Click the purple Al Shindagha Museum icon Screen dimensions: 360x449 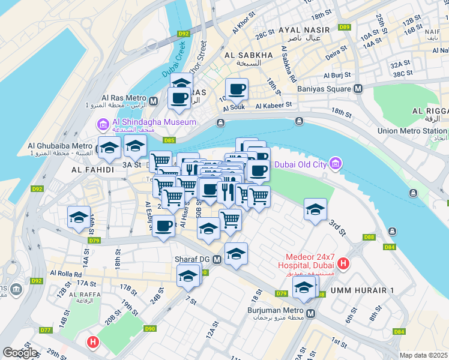pos(102,124)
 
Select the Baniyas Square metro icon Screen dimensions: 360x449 pos(358,89)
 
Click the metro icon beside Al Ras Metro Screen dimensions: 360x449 pos(154,101)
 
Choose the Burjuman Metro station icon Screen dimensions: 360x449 pos(311,314)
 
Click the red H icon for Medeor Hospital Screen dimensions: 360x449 pos(343,263)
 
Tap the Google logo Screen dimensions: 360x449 pos(20,353)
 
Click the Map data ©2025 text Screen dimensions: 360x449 pos(423,355)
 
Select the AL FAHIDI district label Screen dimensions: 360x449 pos(92,170)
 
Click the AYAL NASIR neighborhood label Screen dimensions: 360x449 pos(304,30)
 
